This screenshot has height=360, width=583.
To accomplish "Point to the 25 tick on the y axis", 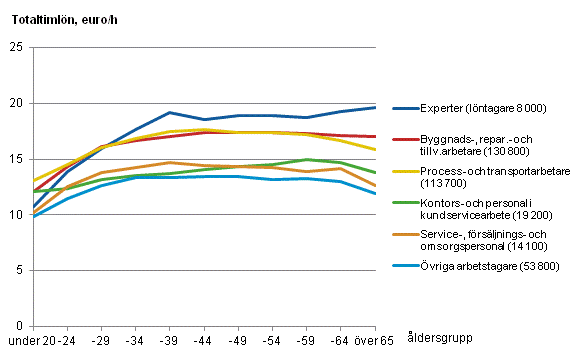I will (17, 47).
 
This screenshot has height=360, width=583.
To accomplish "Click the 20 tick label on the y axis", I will (17, 103).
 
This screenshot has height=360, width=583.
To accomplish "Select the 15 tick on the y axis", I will (17, 159).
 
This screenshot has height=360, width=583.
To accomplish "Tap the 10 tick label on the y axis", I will (17, 214).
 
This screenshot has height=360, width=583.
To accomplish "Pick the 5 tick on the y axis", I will (20, 270).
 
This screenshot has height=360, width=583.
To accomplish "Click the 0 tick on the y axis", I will (20, 326).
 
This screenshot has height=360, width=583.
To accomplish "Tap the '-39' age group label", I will (169, 340).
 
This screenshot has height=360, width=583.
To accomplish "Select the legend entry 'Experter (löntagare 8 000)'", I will (483, 107).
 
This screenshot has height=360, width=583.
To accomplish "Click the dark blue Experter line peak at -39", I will (169, 113).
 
